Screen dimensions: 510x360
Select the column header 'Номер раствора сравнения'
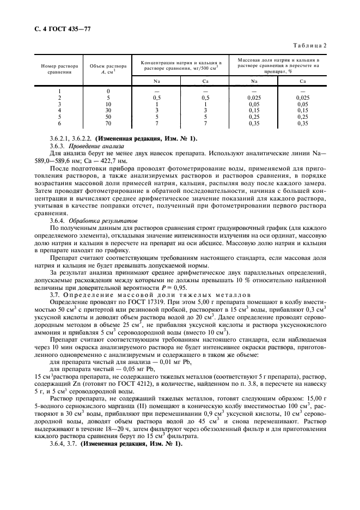pos(59,69)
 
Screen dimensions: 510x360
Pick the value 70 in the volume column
pos(108,124)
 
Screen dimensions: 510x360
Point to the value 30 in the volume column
pos(108,111)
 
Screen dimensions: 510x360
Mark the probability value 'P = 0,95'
pos(175,287)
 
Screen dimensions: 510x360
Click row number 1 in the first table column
pos(59,90)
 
